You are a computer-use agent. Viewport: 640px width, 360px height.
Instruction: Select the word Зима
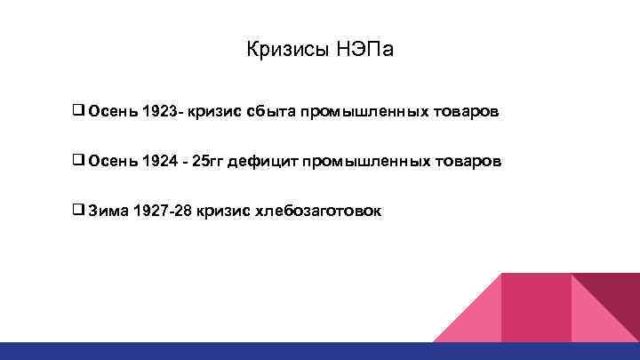point(108,211)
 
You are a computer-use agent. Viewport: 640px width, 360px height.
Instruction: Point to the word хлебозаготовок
point(318,211)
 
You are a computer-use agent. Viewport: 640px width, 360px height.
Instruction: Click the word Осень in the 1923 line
point(113,113)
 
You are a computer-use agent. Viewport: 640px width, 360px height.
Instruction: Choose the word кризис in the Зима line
point(223,211)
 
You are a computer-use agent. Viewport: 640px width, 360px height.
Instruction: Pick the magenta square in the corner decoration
point(535,307)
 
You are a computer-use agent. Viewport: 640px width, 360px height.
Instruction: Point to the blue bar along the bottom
point(320,351)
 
